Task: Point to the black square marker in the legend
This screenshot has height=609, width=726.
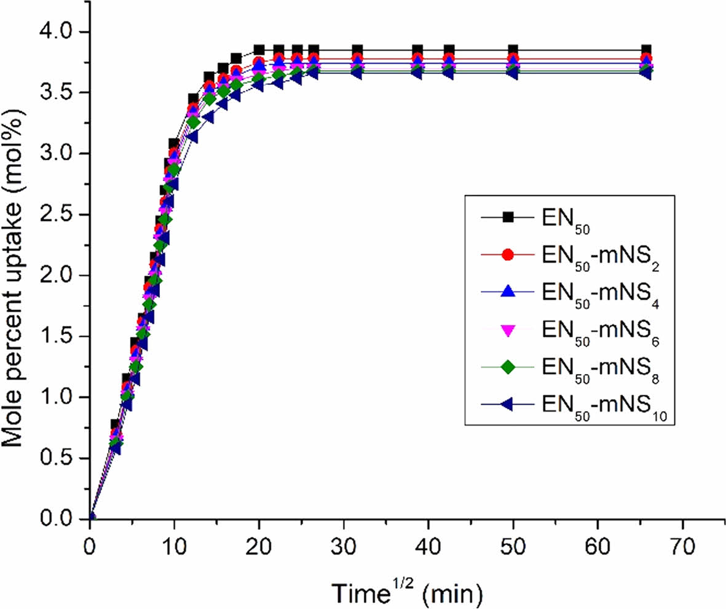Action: (507, 216)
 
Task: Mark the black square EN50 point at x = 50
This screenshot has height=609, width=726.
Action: (513, 50)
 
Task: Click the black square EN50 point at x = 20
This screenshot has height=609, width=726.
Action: (259, 50)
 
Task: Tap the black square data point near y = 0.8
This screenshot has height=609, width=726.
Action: (115, 424)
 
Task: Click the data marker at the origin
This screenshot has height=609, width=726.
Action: (91, 517)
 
